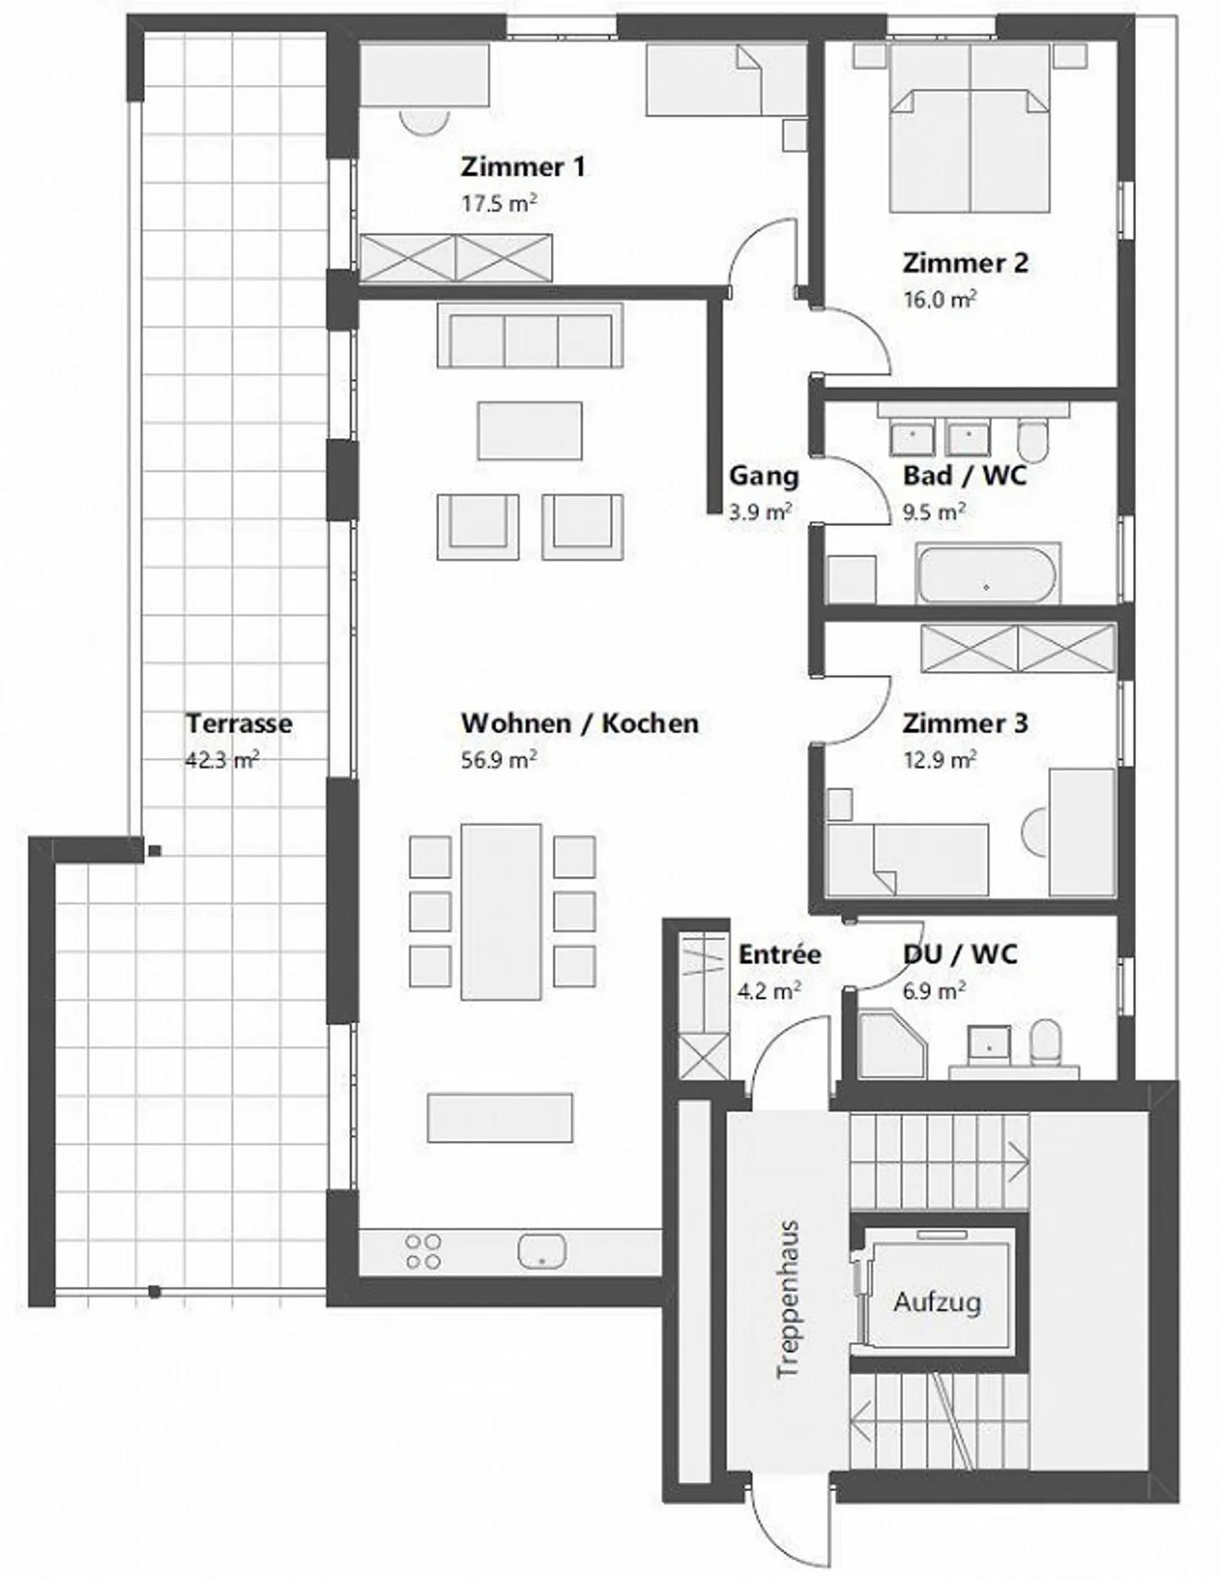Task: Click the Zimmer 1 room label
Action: pyautogui.click(x=522, y=167)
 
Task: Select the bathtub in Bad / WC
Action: pyautogui.click(x=987, y=575)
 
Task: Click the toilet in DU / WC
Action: pyautogui.click(x=1047, y=1041)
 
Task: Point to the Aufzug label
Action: pyautogui.click(x=937, y=1302)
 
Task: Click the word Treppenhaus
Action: pyautogui.click(x=788, y=1300)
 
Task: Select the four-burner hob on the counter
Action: pyautogui.click(x=423, y=1251)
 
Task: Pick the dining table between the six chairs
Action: pyautogui.click(x=501, y=911)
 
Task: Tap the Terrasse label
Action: pyautogui.click(x=239, y=724)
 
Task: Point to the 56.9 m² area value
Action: pyautogui.click(x=498, y=760)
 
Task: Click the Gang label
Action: pyautogui.click(x=763, y=476)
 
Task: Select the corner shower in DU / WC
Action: pyautogui.click(x=892, y=1045)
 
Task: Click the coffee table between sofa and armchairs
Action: pyautogui.click(x=530, y=431)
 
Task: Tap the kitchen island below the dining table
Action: pyautogui.click(x=500, y=1117)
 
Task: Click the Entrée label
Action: pyautogui.click(x=779, y=955)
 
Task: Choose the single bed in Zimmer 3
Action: pyautogui.click(x=907, y=859)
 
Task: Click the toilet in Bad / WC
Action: pyautogui.click(x=1033, y=438)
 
